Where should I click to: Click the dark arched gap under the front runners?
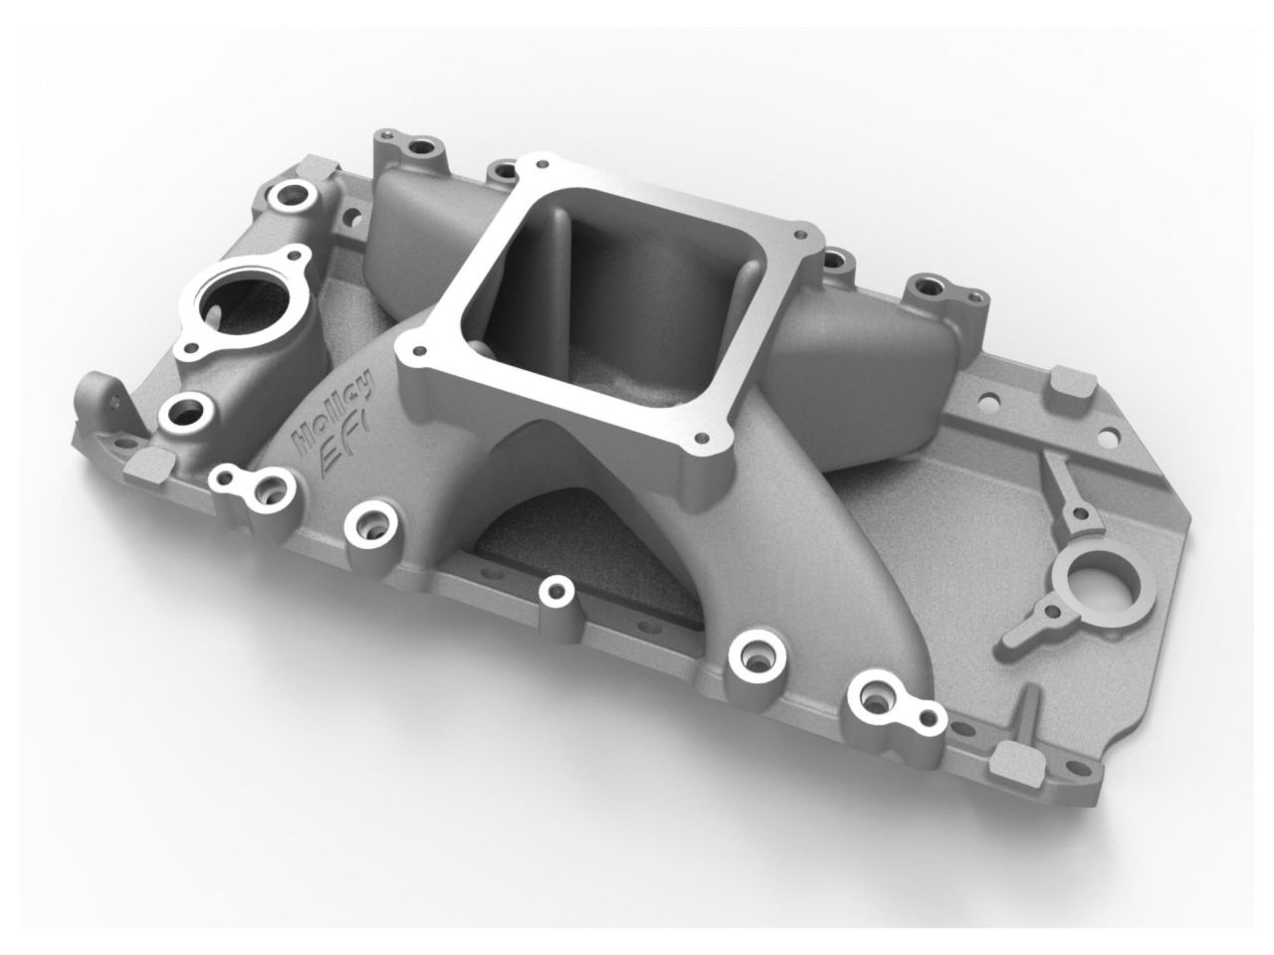click(557, 537)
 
